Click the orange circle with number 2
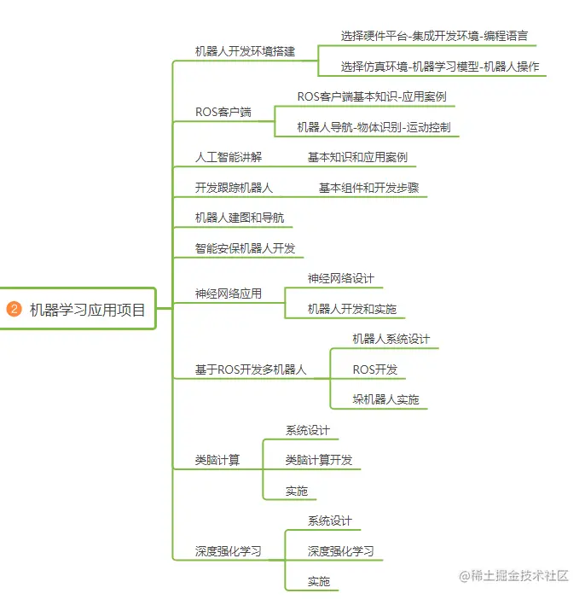click(14, 310)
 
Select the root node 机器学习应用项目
click(88, 310)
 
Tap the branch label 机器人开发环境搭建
click(245, 51)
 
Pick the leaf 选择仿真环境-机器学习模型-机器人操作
click(439, 67)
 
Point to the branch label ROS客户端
click(223, 113)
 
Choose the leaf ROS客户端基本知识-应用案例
click(372, 96)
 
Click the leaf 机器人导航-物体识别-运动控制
click(373, 127)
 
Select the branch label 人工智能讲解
click(229, 157)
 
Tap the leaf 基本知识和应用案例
click(357, 157)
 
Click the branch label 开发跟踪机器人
click(234, 188)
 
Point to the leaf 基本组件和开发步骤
click(368, 188)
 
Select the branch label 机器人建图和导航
click(234, 218)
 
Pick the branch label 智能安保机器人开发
click(245, 248)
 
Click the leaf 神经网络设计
click(340, 278)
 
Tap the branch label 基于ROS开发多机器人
click(250, 370)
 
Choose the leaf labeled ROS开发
click(374, 369)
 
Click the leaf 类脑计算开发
click(318, 460)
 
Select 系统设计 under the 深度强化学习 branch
click(329, 520)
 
